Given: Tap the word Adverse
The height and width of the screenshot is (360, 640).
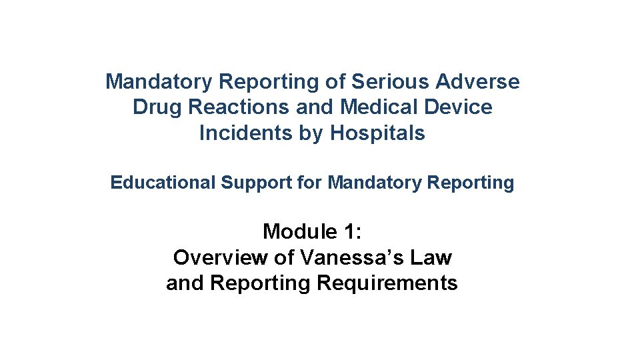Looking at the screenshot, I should coord(477,82).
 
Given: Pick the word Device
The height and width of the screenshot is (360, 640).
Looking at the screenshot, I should coord(459,107).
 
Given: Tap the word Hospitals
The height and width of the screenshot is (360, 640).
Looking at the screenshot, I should coord(377,133).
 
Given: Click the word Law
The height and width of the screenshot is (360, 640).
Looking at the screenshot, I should coord(434,257).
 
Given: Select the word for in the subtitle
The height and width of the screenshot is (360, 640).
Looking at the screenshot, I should coord(309,183).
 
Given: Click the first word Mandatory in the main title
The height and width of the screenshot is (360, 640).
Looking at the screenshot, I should coord(159,82).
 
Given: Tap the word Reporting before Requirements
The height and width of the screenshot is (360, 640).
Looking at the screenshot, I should coord(261,283).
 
